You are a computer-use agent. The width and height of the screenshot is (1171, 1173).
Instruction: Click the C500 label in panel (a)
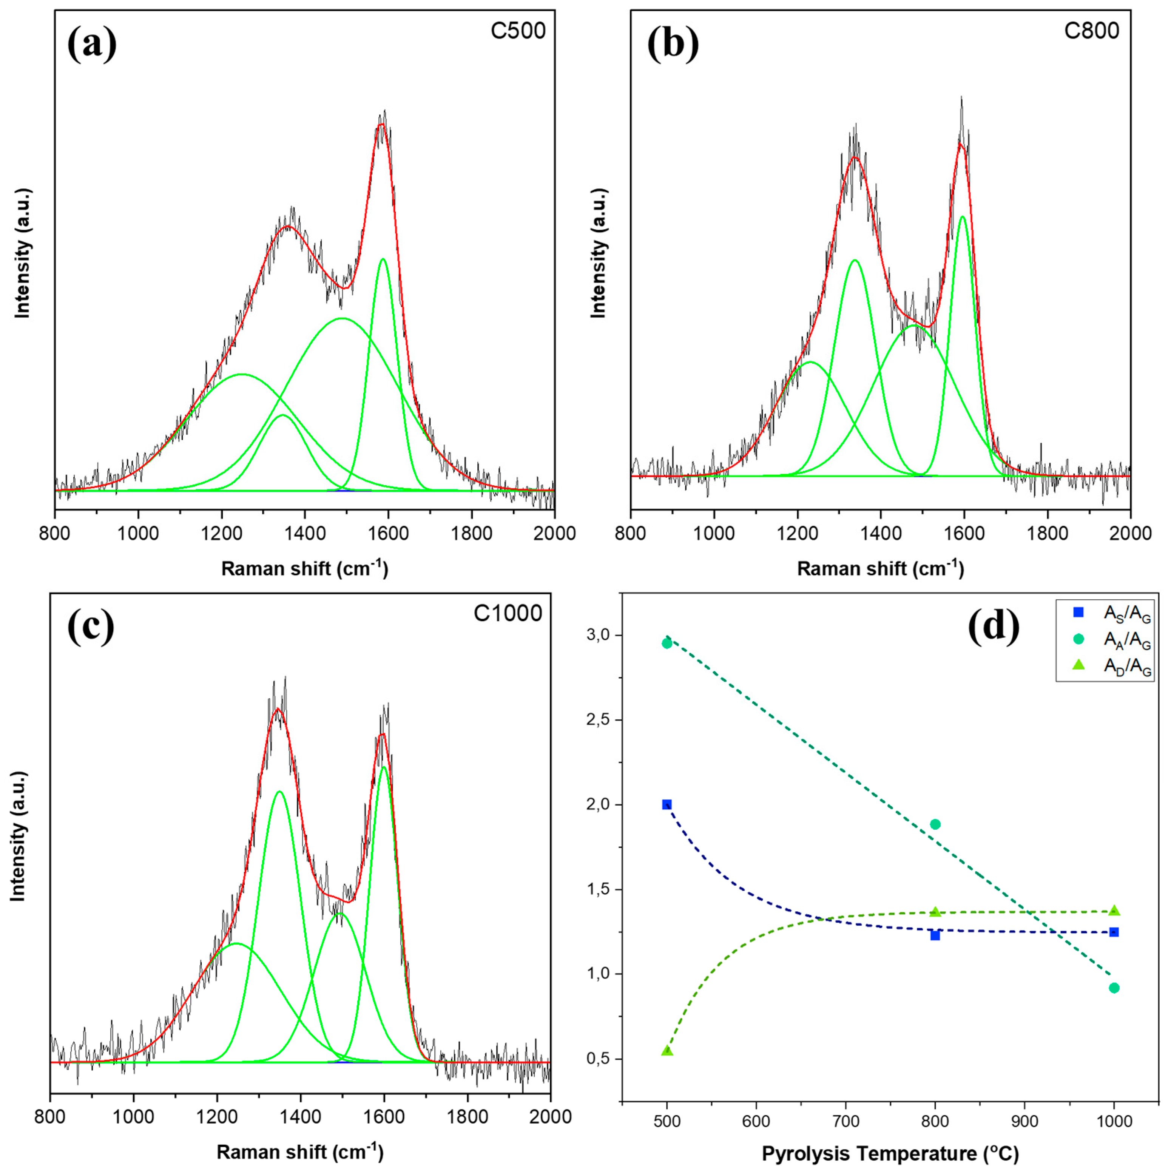point(518,30)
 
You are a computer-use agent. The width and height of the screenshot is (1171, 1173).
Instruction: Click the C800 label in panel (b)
point(1091,30)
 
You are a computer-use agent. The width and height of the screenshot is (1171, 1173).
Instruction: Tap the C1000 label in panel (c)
point(508,613)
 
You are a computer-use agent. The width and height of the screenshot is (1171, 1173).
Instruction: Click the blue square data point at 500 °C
point(666,804)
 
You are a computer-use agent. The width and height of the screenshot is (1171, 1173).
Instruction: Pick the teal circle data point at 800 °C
point(935,824)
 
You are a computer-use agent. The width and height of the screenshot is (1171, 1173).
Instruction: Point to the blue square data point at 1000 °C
point(1113,932)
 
